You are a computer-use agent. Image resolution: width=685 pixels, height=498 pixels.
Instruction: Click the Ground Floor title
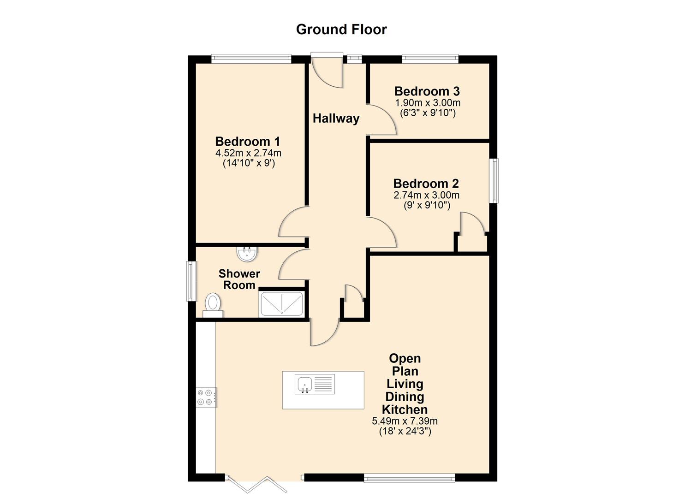click(341, 29)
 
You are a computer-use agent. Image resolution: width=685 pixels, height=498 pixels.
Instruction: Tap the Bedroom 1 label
click(248, 141)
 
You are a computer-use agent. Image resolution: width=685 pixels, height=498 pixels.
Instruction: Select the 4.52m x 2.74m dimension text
click(248, 153)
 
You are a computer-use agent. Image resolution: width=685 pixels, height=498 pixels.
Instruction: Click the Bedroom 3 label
click(427, 91)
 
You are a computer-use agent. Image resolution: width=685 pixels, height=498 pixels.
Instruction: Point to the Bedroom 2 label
click(426, 184)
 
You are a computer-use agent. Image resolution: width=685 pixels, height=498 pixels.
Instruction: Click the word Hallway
click(336, 119)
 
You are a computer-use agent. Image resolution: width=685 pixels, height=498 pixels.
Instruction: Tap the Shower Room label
click(239, 279)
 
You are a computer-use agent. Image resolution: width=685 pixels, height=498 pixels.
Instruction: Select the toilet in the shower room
click(213, 305)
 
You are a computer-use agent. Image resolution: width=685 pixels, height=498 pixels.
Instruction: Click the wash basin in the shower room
click(247, 253)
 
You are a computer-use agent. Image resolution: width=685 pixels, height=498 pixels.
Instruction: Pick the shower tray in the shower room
click(281, 303)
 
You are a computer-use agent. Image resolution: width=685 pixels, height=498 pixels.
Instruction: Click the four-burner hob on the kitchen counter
click(206, 397)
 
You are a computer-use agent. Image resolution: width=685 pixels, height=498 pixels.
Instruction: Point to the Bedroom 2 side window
click(494, 180)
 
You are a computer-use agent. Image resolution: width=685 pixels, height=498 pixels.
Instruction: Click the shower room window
click(191, 281)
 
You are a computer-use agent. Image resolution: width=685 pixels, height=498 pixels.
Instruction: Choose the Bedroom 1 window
click(251, 59)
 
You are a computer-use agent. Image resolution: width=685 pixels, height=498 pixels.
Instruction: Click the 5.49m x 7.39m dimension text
click(405, 421)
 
